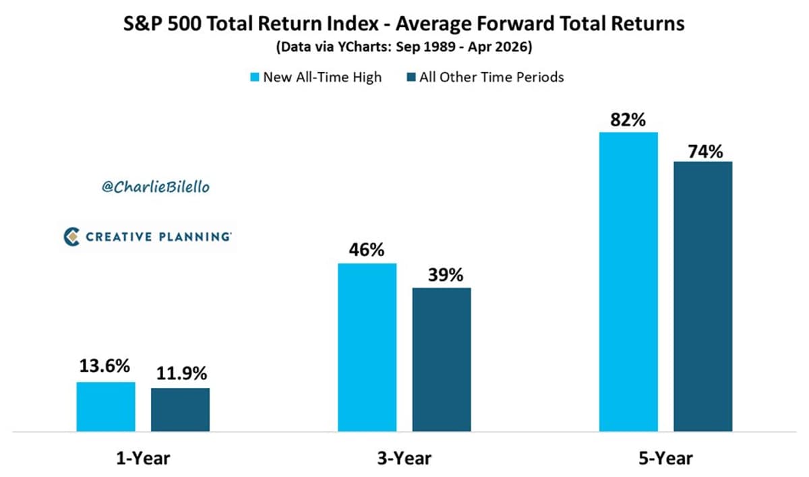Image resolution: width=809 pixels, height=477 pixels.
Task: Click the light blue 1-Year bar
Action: (106, 406)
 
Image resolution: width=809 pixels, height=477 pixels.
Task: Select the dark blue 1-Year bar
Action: (180, 410)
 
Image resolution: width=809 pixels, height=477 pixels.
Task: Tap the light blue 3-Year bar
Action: (367, 347)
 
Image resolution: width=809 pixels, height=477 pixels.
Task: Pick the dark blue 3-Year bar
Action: (442, 359)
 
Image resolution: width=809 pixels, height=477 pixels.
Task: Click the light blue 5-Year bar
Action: (628, 282)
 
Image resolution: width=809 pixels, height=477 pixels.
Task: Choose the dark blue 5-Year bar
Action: (702, 296)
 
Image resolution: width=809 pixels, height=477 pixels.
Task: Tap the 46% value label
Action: (367, 251)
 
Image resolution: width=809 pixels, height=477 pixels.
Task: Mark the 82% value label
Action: (628, 120)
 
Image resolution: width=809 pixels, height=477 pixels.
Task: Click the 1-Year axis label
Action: (142, 459)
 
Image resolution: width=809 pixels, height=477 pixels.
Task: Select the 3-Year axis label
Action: (404, 459)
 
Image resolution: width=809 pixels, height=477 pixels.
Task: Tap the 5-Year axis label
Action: (665, 459)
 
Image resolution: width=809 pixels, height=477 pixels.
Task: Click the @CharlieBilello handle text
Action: (156, 187)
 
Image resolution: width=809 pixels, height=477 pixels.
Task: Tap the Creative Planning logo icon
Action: (72, 236)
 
